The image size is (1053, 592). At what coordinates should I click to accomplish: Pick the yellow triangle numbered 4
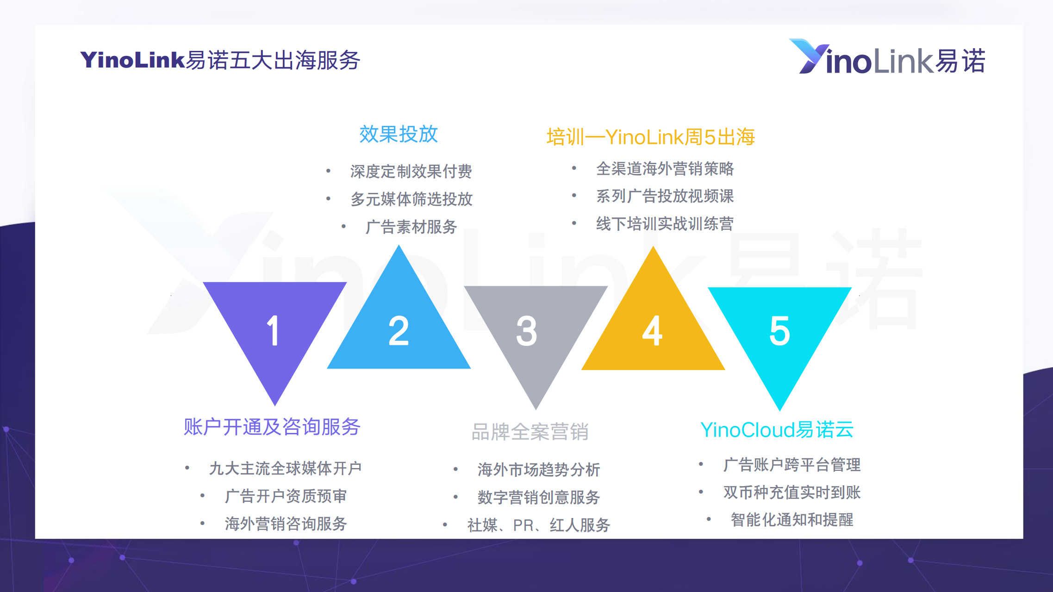coord(653,328)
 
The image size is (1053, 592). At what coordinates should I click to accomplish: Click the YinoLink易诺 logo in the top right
coord(887,57)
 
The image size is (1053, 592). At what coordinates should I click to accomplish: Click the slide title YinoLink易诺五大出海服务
coord(220,60)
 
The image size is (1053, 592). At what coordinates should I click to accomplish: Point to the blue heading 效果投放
coord(399,134)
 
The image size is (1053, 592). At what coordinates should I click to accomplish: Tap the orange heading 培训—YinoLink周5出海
coord(651,137)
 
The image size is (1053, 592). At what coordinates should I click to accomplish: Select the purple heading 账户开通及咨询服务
coord(272,426)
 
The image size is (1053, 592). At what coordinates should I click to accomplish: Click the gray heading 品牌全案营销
coord(530,432)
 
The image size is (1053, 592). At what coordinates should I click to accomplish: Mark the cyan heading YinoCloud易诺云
coord(777,430)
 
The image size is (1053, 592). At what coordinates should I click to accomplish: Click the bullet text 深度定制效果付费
coord(411,171)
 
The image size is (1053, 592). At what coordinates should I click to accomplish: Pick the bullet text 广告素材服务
coord(411,227)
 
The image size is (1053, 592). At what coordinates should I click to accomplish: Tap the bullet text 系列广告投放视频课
coord(665,196)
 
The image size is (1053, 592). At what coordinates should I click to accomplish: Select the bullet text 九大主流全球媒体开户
coord(286,468)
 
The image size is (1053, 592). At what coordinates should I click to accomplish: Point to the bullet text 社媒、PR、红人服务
coord(539,525)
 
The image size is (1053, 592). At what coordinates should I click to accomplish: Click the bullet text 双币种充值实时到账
coord(792,492)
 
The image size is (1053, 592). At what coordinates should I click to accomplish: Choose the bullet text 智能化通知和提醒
coord(792,520)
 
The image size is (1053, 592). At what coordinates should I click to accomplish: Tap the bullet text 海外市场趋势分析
coord(539,469)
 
